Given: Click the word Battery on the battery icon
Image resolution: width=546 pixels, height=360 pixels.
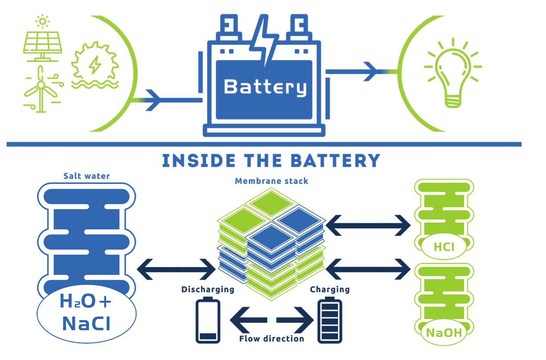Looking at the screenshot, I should (x=265, y=87).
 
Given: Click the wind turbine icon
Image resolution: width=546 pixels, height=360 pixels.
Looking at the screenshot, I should (x=41, y=89).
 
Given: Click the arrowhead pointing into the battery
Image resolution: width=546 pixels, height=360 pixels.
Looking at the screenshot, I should (x=153, y=100).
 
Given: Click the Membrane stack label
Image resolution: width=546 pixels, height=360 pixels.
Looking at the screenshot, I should (x=271, y=181).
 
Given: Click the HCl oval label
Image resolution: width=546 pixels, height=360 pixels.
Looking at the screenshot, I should (x=444, y=246).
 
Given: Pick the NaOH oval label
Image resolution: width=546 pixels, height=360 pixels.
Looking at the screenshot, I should (x=443, y=333).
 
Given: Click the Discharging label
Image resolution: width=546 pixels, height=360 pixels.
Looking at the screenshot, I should (x=207, y=290).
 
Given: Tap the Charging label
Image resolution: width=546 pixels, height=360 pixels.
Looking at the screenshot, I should (x=330, y=290).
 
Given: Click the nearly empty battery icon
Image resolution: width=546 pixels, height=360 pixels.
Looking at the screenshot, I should (x=208, y=321).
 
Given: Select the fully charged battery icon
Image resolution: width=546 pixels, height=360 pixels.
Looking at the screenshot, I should (x=330, y=321).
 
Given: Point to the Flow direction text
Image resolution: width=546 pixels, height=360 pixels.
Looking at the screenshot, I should (x=271, y=339).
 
